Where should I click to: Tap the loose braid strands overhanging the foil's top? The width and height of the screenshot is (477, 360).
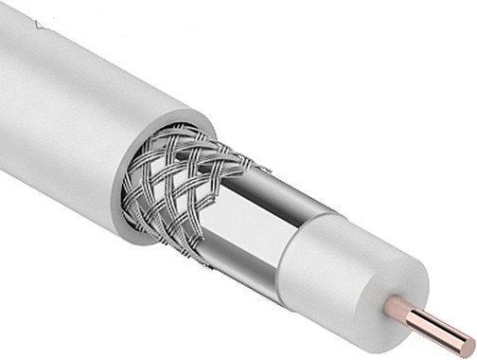click(x=246, y=161)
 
